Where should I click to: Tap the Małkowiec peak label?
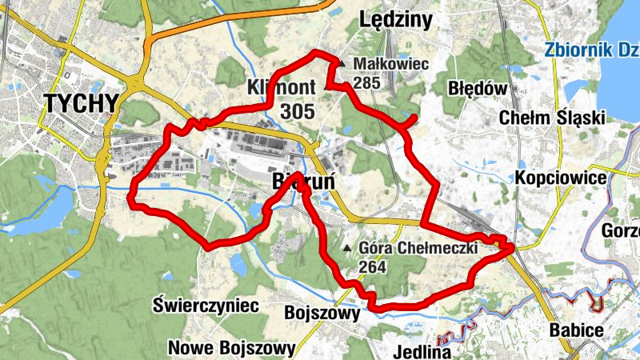[x=391, y=63]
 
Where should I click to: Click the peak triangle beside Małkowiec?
[x=342, y=63]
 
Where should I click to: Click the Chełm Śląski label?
[x=551, y=118]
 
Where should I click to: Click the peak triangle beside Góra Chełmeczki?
[x=346, y=248]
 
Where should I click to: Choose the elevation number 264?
[x=374, y=266]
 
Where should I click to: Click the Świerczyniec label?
[x=206, y=306]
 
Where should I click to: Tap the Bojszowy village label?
[x=322, y=313]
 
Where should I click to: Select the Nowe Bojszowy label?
[x=232, y=348]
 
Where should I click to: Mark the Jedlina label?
[x=424, y=351]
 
